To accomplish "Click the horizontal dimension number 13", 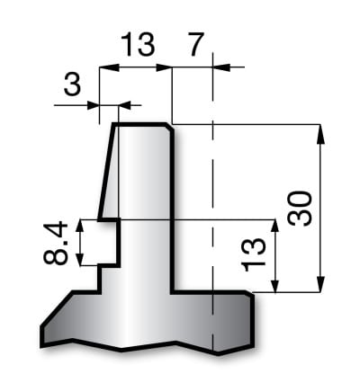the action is point(138,45).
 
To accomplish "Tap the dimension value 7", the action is point(196,45).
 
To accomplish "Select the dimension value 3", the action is point(72,85).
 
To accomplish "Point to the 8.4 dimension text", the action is point(56,244).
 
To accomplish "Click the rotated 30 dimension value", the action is point(300,208).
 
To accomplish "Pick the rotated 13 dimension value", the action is point(253,254).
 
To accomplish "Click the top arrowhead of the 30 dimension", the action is point(320,134).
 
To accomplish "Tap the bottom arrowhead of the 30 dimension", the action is point(320,281).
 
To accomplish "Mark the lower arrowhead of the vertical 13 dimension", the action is point(274,282).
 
